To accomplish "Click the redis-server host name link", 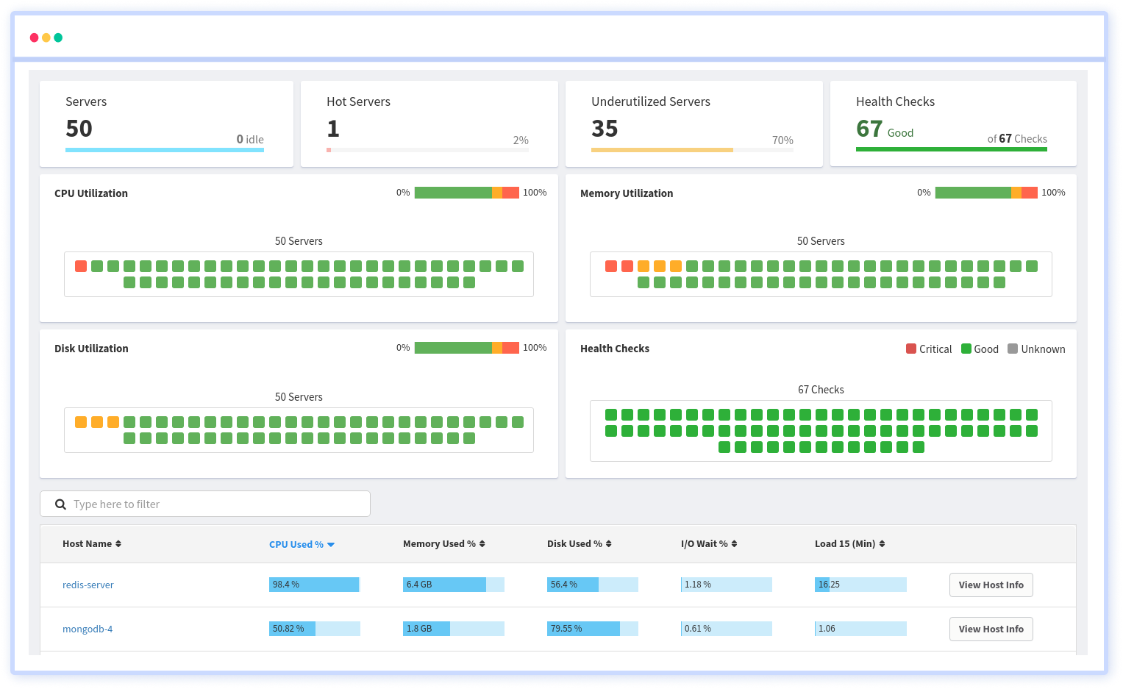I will pyautogui.click(x=88, y=585).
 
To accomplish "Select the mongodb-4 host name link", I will pyautogui.click(x=88, y=629).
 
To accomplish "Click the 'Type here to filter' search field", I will pyautogui.click(x=213, y=504).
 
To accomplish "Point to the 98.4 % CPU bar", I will pyautogui.click(x=314, y=585).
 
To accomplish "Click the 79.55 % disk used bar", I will pyautogui.click(x=584, y=629).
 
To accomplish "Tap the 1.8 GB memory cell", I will pyautogui.click(x=427, y=629).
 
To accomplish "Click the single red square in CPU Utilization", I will pyautogui.click(x=81, y=266).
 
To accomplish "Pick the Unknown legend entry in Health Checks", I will pyautogui.click(x=1036, y=349).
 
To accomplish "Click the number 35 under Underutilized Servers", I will pyautogui.click(x=605, y=129).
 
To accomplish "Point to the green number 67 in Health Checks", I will pyautogui.click(x=869, y=129).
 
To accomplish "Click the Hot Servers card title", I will pyautogui.click(x=358, y=101).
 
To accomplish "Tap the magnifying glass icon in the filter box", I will pyautogui.click(x=61, y=504).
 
